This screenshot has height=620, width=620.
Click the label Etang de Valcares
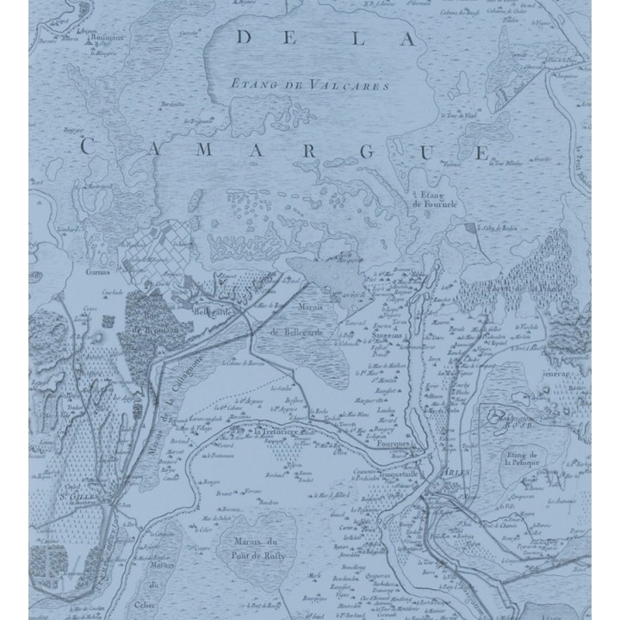coord(311,85)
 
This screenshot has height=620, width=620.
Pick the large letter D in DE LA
coord(245,38)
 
